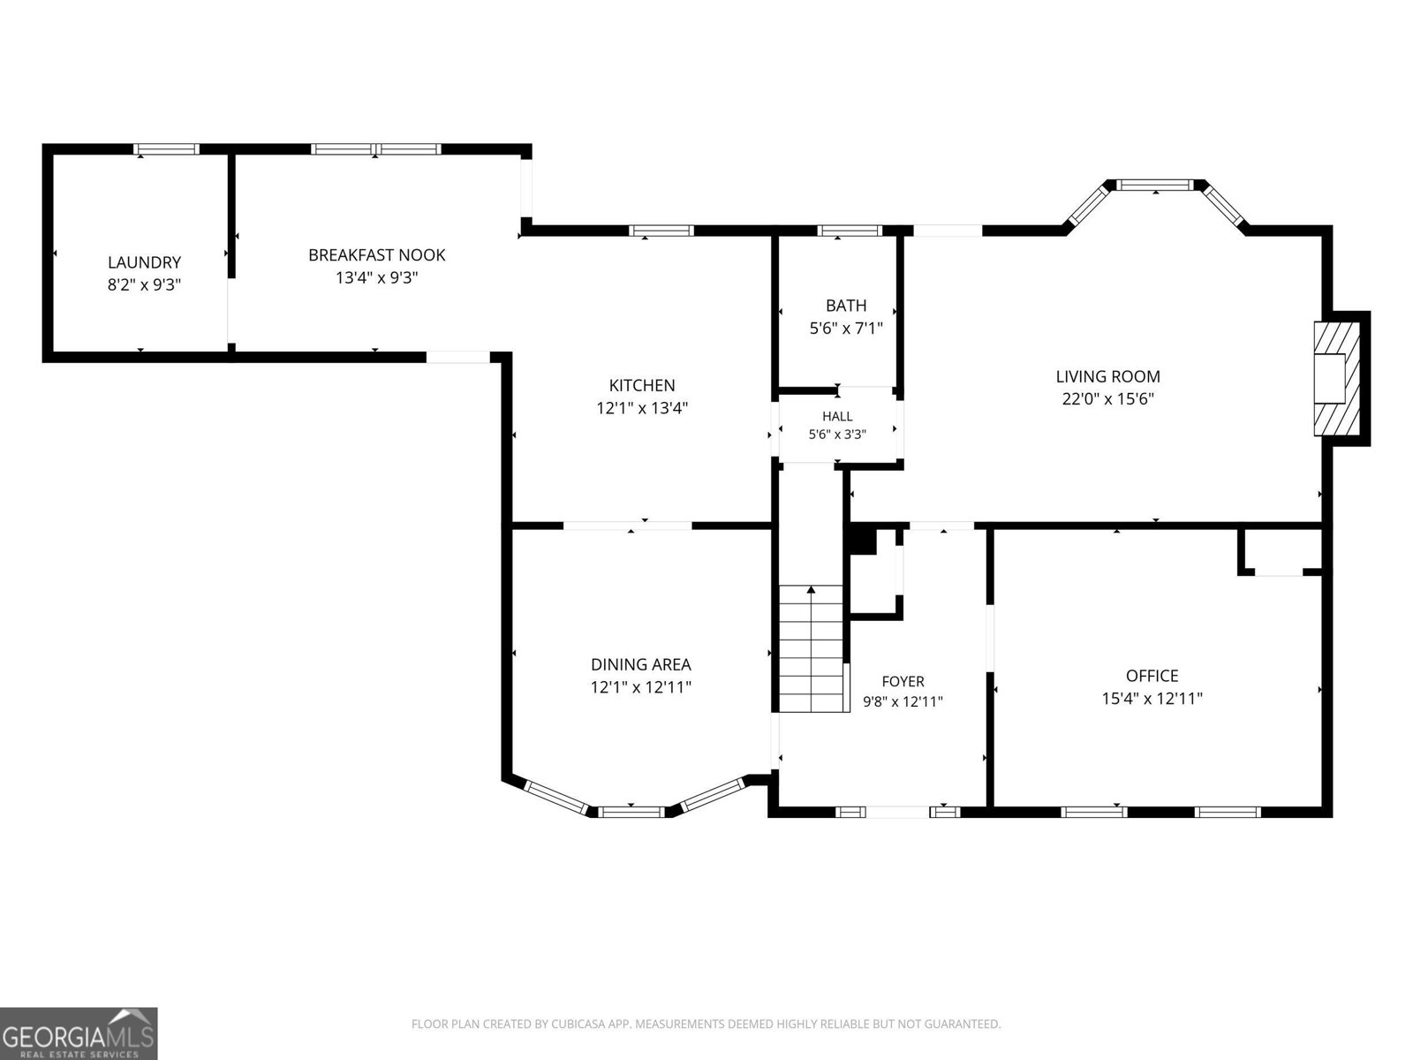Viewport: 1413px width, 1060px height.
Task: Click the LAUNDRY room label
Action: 144,262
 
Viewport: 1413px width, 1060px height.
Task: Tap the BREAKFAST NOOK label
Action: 376,255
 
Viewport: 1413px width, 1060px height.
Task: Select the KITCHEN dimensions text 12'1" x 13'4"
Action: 642,407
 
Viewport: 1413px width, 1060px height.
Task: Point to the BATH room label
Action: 846,305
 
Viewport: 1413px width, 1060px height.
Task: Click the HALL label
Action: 837,416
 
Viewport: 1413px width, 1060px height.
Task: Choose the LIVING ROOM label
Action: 1107,376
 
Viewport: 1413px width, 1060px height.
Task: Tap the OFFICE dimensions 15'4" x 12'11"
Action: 1152,699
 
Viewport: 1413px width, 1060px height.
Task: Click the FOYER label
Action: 903,681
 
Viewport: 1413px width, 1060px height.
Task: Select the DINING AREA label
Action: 640,664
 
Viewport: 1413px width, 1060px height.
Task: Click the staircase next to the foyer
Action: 811,648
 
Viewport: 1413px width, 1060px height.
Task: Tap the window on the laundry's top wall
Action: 166,149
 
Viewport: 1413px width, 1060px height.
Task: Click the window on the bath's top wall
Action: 850,231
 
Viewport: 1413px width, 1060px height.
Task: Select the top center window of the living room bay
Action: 1155,185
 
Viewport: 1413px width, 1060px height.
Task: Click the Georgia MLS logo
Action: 79,1033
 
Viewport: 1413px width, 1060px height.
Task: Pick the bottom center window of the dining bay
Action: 631,812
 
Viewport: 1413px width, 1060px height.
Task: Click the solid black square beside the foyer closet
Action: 863,541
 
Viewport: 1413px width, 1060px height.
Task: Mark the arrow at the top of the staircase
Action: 811,589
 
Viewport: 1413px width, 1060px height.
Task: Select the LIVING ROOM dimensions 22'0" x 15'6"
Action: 1107,399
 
